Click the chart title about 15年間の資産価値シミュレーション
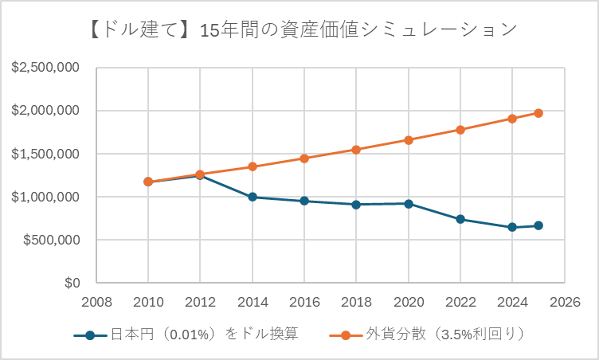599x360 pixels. [299, 29]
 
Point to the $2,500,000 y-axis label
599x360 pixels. [45, 68]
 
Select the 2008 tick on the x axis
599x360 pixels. [96, 303]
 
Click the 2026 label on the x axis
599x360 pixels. [564, 303]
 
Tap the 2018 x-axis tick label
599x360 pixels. [356, 303]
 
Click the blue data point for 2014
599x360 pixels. [252, 197]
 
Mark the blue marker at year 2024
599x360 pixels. [512, 227]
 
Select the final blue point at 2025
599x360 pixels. [538, 225]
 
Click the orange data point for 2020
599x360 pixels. [408, 140]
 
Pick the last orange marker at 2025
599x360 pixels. [538, 113]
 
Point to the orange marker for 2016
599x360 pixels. [304, 158]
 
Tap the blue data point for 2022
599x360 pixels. [460, 219]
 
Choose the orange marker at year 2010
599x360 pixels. [148, 182]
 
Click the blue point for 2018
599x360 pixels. [356, 205]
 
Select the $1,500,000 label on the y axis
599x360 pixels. [45, 154]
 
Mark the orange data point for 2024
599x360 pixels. [512, 119]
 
